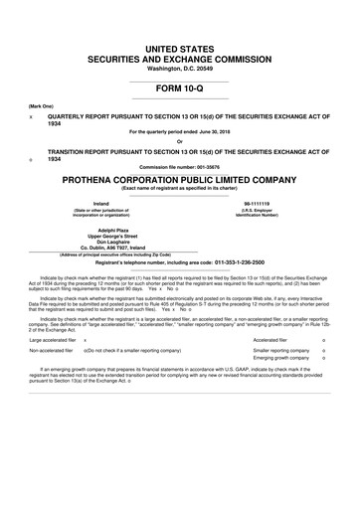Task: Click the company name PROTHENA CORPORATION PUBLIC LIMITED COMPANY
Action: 179,180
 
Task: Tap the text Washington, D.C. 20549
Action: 179,69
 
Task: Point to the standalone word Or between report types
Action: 179,140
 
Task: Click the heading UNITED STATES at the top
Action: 179,48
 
